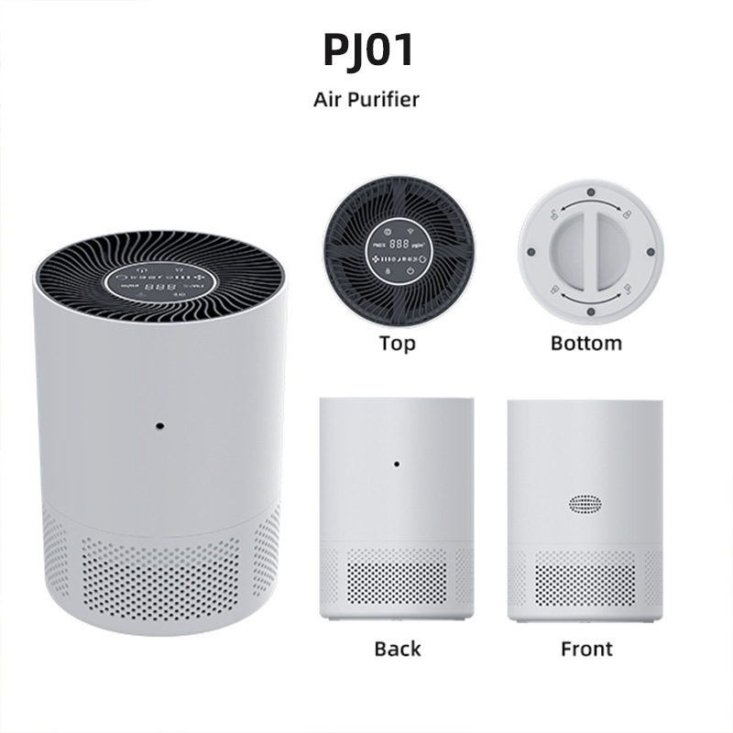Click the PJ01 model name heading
pos(366,51)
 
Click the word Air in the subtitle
pos(330,99)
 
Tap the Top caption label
pos(397,344)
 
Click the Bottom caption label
pos(586,344)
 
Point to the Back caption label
pos(397,649)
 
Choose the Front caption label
pos(586,649)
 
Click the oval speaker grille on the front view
pos(586,504)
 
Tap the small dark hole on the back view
pos(397,464)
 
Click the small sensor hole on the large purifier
pos(159,427)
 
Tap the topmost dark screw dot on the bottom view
pos(591,193)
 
